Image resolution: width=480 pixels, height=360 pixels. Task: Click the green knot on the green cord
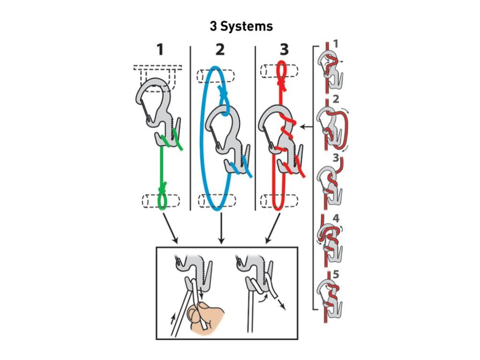pos(164,185)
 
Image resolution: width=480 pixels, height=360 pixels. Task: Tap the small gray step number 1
pos(336,44)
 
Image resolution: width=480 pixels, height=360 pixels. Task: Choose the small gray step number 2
pos(336,100)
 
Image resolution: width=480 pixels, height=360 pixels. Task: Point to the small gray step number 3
pos(336,157)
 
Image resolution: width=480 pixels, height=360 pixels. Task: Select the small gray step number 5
pos(336,275)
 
